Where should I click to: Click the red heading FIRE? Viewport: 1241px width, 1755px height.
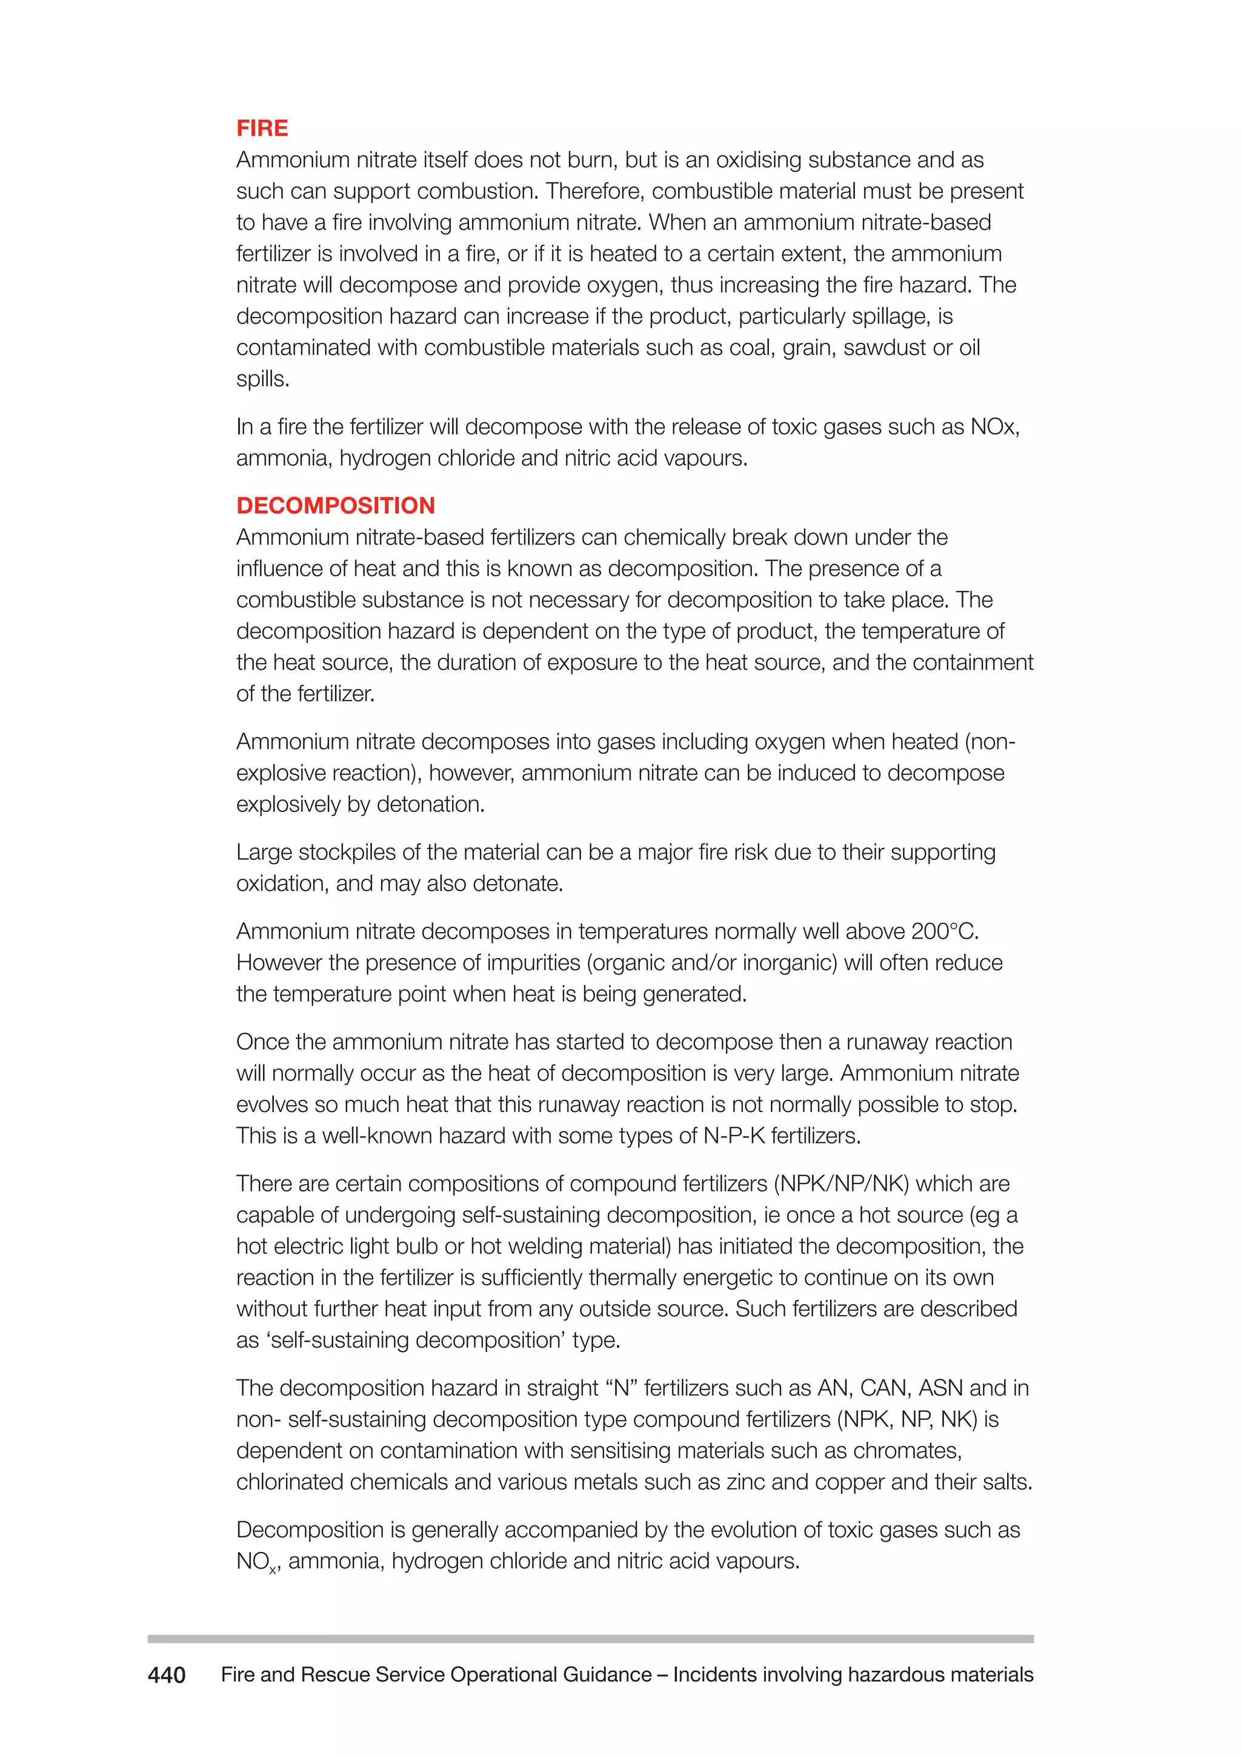(x=262, y=128)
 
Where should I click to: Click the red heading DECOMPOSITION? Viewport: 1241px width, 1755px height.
(x=336, y=505)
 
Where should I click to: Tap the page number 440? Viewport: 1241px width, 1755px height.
(x=167, y=1675)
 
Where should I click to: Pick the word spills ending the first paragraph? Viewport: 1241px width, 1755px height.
(x=261, y=379)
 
